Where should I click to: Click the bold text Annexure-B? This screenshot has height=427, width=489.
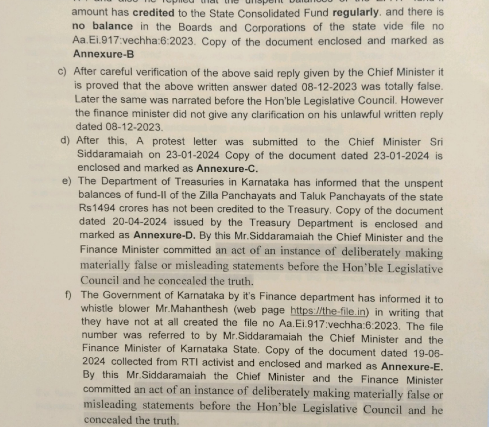coord(104,53)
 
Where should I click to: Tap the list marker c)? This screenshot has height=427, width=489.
coord(63,72)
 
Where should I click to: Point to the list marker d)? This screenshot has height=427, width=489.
coord(65,140)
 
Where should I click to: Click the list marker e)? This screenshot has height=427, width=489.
coord(67,181)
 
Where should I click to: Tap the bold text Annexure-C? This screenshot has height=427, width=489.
coord(227,169)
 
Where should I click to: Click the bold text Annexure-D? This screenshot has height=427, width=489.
coord(166,235)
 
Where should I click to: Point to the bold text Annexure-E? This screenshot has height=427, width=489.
coord(412,366)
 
